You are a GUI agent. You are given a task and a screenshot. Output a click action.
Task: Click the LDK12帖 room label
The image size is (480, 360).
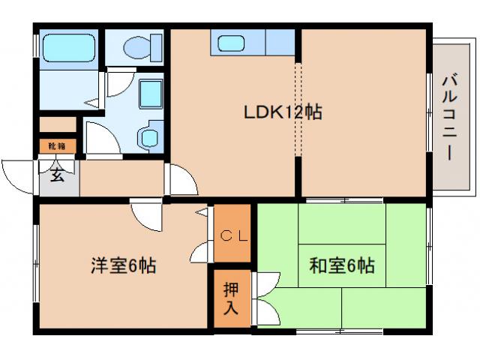282,112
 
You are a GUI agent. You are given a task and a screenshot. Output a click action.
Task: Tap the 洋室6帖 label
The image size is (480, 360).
123,265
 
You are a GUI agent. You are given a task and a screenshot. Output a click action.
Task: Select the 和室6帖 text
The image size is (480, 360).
342,265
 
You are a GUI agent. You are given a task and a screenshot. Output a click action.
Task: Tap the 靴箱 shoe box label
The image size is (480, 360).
57,145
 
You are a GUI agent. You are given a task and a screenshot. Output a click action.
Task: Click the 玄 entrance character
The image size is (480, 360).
57,176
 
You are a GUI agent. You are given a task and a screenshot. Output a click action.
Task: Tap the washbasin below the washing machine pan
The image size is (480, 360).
149,137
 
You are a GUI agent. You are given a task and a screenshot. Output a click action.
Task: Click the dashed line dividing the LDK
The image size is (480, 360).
298,112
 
